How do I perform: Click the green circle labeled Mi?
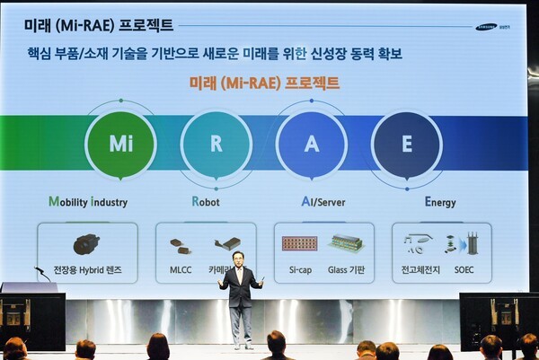[x=120, y=144]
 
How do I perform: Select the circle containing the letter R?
[x=216, y=144]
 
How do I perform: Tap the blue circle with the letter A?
[x=311, y=144]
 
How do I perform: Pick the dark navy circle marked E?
[x=406, y=144]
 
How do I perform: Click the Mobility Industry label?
[x=88, y=202]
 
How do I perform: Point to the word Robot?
[x=206, y=202]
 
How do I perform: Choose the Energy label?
[x=441, y=202]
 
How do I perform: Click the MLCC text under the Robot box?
[x=181, y=269]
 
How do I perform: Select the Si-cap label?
[x=299, y=269]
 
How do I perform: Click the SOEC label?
[x=464, y=269]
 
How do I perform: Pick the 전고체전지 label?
[x=420, y=269]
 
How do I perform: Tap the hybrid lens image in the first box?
[x=86, y=243]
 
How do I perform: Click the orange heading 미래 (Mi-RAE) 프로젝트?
[x=264, y=83]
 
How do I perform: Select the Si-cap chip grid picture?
[x=299, y=243]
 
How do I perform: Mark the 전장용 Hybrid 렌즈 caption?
[x=87, y=269]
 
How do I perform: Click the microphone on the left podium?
[x=40, y=271]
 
